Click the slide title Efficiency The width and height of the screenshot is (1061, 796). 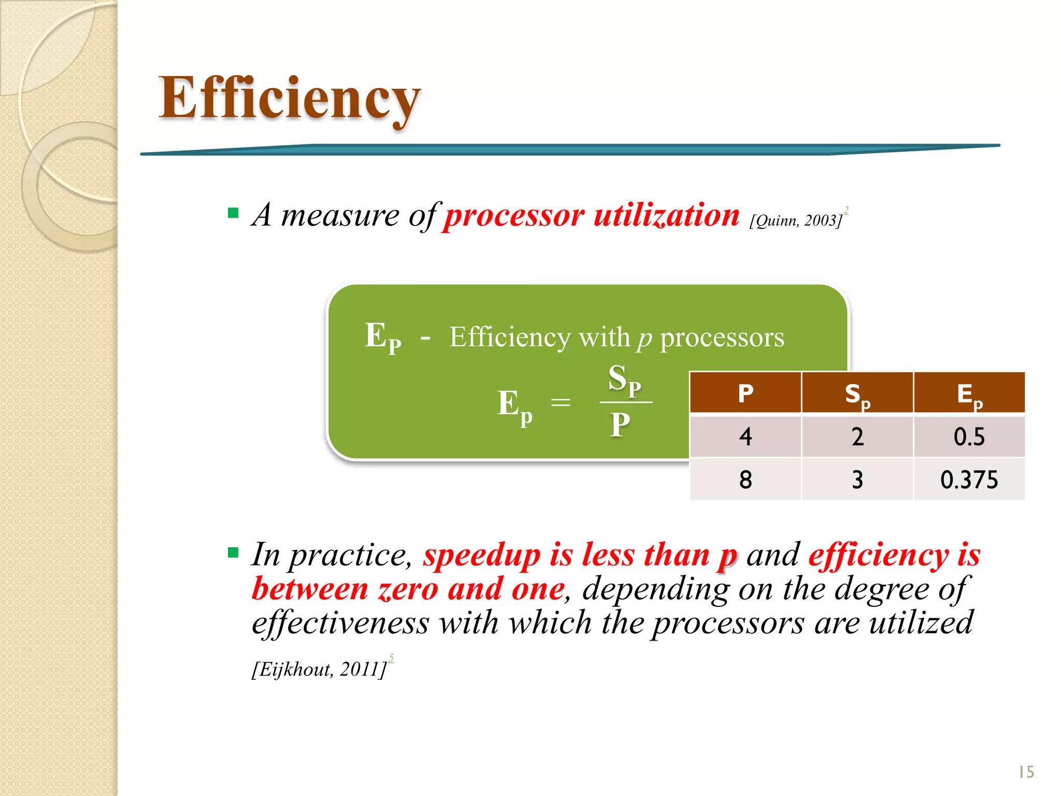[x=289, y=98]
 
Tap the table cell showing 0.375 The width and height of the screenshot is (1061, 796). [x=969, y=479]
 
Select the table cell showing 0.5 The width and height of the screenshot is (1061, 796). [x=969, y=436]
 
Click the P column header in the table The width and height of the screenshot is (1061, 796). [x=745, y=393]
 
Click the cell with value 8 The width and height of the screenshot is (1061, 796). [x=745, y=479]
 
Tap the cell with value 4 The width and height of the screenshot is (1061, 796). [x=745, y=436]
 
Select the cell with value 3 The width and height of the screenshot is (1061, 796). [x=857, y=479]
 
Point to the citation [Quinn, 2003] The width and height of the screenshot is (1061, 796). [x=795, y=220]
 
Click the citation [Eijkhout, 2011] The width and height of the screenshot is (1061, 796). [x=319, y=669]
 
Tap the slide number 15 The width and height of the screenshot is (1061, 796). [x=1026, y=772]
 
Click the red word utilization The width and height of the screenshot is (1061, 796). [x=666, y=215]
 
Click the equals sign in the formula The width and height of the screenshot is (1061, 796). [x=561, y=402]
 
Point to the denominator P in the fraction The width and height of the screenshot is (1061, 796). [x=620, y=425]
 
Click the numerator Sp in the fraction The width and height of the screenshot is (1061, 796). [x=624, y=379]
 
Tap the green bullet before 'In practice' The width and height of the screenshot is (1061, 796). [x=233, y=552]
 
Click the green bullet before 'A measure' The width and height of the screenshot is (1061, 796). [x=233, y=212]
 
